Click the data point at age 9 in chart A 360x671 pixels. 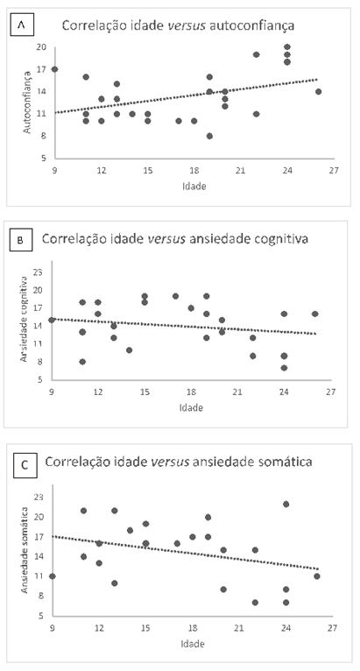54,68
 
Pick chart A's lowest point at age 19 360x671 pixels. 209,136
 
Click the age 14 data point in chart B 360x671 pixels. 130,350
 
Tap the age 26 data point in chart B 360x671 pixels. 315,314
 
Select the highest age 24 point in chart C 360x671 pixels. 286,504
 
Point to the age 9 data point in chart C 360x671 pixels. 53,576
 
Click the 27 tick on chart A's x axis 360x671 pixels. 334,171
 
